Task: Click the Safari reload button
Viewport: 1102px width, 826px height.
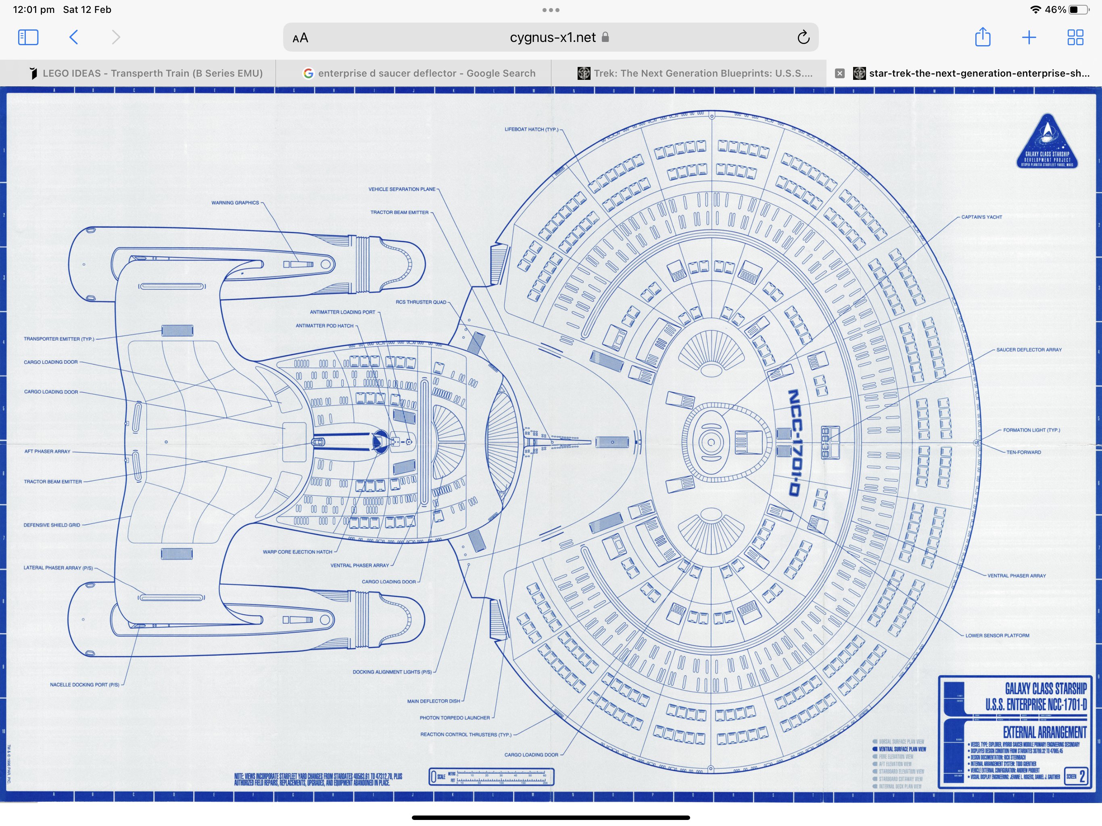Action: coord(803,38)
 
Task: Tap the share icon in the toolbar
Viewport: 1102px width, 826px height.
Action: coord(983,38)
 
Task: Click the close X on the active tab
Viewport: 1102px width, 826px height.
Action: coord(839,73)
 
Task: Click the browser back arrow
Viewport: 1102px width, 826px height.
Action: coord(74,38)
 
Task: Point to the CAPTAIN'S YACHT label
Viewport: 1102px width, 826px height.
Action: coord(981,217)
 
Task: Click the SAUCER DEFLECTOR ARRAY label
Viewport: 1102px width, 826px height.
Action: coord(1028,350)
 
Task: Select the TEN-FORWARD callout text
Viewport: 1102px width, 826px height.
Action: coord(1023,453)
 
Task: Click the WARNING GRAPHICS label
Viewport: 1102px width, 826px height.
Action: coord(235,203)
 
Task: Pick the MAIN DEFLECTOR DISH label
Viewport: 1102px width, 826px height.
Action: coord(434,701)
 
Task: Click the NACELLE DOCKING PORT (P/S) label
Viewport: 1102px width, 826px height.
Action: coord(84,684)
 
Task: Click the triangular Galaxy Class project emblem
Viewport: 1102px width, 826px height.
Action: coord(1047,143)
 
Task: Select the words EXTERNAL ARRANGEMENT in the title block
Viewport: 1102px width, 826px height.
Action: coord(1044,732)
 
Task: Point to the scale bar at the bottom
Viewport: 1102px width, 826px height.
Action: coord(491,777)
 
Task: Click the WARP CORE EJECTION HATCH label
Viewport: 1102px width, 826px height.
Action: coord(297,552)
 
